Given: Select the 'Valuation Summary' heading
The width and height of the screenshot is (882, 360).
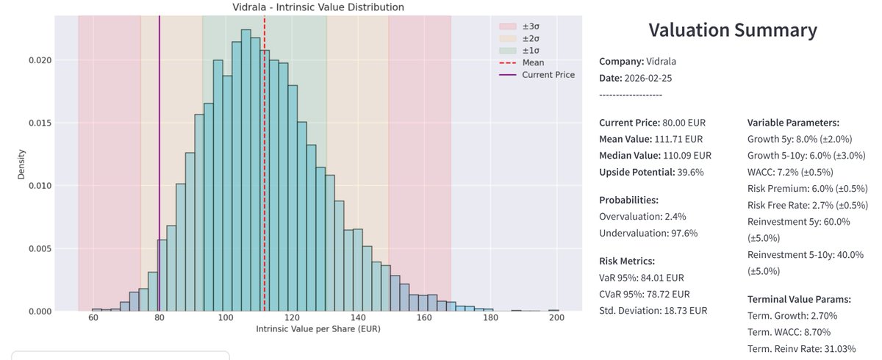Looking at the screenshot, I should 732,31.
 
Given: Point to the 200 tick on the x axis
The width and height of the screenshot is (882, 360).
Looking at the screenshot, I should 556,318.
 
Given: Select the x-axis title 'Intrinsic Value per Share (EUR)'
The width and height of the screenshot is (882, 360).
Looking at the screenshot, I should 318,329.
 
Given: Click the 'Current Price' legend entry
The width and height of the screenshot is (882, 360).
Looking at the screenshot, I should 548,75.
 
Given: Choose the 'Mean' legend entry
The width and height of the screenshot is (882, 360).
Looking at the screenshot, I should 533,63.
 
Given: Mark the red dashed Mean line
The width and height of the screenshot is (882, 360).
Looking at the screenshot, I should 265,184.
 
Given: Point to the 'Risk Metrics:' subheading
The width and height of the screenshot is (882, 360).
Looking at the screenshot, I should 627,261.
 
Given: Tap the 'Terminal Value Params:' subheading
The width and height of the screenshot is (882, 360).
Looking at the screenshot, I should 799,299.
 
